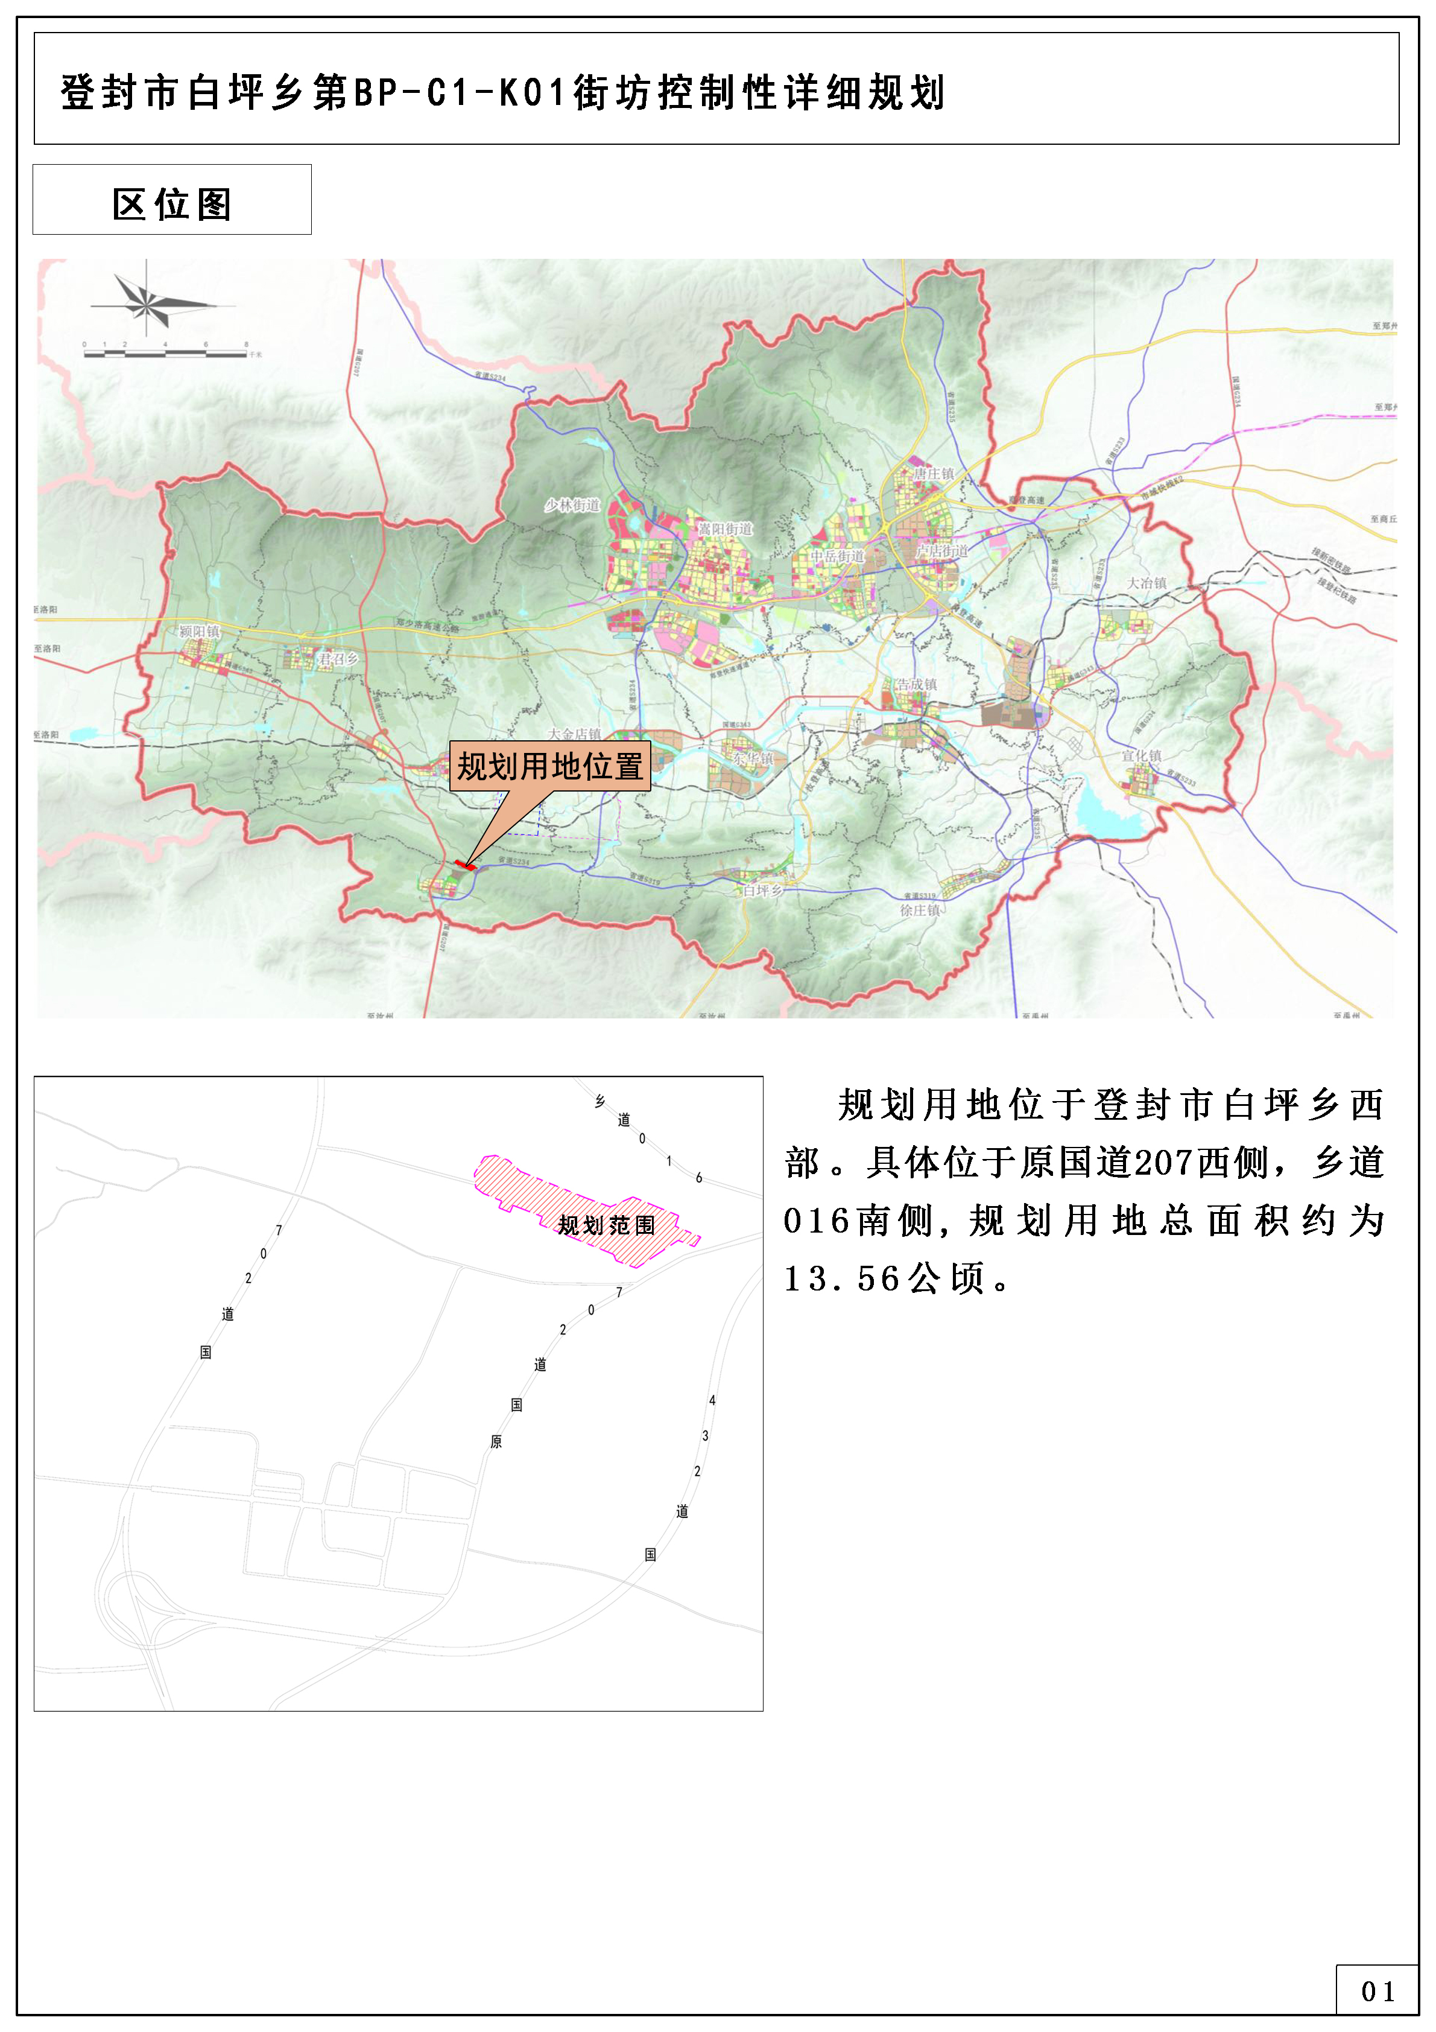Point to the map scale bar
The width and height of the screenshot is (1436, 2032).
(x=165, y=353)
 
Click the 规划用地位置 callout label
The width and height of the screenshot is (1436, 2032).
(x=549, y=766)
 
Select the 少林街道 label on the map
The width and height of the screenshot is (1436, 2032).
(x=572, y=506)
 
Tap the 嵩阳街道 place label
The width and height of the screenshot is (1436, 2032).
(x=726, y=529)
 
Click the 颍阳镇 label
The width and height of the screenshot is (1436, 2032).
(x=200, y=631)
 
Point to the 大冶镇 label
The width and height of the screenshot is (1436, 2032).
(x=1146, y=583)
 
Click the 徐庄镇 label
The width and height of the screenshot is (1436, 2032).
(x=920, y=910)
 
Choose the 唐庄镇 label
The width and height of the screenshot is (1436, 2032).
(x=934, y=474)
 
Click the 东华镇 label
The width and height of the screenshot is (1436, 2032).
(x=752, y=758)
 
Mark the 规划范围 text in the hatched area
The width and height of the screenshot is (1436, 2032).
(x=607, y=1225)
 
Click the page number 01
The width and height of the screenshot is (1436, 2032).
(x=1377, y=1992)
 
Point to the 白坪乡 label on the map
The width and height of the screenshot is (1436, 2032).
(x=763, y=891)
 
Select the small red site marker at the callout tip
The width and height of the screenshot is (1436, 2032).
(x=464, y=865)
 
